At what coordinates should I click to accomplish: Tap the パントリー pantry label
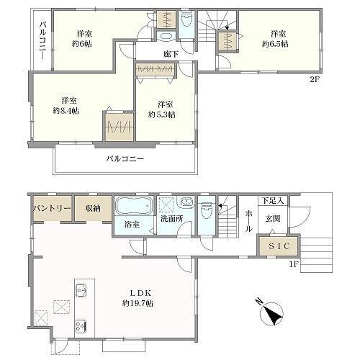pyautogui.click(x=51, y=208)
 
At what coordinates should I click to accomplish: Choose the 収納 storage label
pyautogui.click(x=92, y=208)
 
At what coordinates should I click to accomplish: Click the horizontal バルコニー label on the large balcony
pyautogui.click(x=126, y=158)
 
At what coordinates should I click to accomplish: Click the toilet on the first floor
pyautogui.click(x=206, y=210)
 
